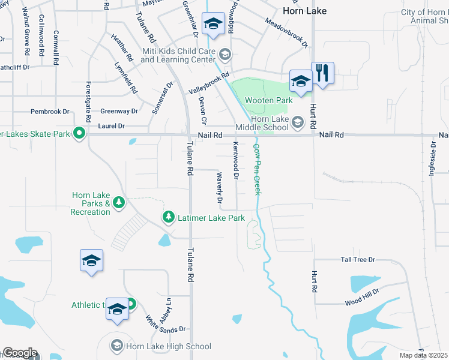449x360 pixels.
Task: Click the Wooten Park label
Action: pyautogui.click(x=269, y=101)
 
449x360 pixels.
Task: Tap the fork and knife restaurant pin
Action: pyautogui.click(x=323, y=74)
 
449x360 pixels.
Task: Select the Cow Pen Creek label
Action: pyautogui.click(x=257, y=169)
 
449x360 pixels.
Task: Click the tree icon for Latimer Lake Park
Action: pyautogui.click(x=169, y=217)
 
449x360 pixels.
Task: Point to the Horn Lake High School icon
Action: pyautogui.click(x=117, y=346)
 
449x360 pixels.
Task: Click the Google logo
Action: pyautogui.click(x=19, y=353)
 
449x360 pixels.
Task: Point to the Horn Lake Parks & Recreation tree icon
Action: pyautogui.click(x=119, y=202)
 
